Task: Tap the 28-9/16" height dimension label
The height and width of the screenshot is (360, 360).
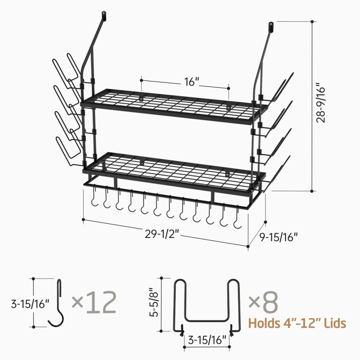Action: pyautogui.click(x=321, y=103)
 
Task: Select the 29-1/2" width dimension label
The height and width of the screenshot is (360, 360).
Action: pyautogui.click(x=162, y=234)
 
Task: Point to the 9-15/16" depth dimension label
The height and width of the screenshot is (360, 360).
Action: pyautogui.click(x=279, y=237)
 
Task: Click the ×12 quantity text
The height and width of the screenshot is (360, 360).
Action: pyautogui.click(x=94, y=302)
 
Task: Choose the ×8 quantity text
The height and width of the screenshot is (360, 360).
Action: pyautogui.click(x=263, y=302)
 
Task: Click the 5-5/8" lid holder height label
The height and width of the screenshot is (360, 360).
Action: pyautogui.click(x=154, y=302)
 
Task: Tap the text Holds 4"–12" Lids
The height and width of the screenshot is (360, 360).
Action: pyautogui.click(x=297, y=323)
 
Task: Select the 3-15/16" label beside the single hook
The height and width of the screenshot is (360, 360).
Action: pyautogui.click(x=30, y=304)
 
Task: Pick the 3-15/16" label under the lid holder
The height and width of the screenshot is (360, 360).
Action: pyautogui.click(x=207, y=340)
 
